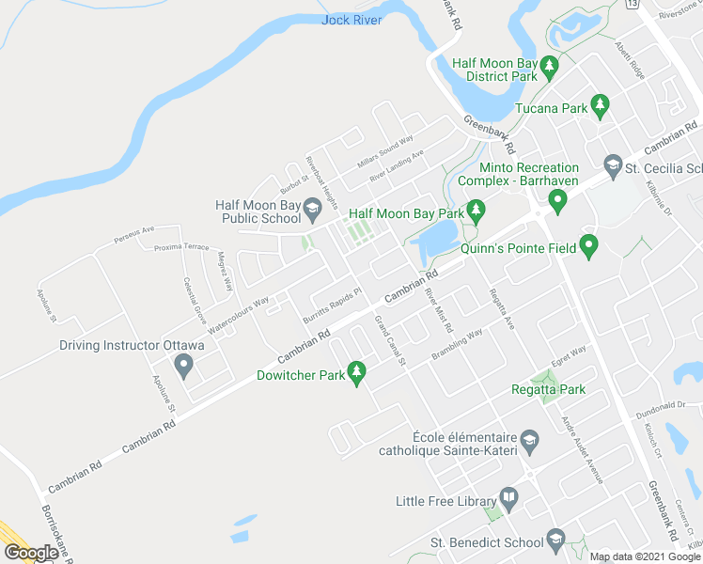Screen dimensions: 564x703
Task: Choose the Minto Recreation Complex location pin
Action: (557, 200)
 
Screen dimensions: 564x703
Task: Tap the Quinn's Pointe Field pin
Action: (589, 247)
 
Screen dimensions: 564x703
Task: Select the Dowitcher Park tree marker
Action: (356, 373)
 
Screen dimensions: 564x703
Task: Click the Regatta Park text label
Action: (548, 389)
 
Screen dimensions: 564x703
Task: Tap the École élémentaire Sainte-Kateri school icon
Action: (530, 439)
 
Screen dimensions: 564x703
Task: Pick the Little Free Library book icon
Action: (508, 496)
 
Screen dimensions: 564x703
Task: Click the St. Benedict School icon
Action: (555, 540)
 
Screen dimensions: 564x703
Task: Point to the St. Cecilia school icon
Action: (614, 165)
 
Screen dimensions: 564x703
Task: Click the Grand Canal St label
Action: (389, 341)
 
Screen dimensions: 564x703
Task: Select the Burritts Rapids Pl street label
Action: (332, 305)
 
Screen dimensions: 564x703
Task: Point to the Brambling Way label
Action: (457, 345)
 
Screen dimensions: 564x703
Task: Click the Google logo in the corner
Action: (31, 552)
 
